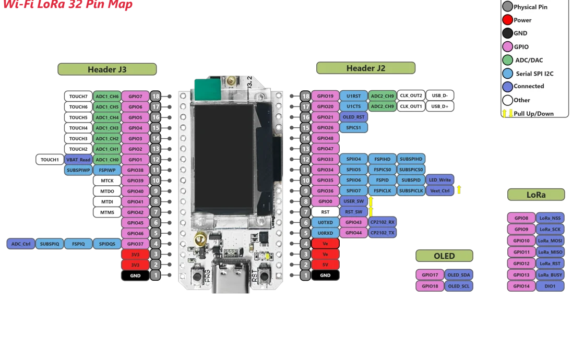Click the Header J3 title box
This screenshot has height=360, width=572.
click(107, 69)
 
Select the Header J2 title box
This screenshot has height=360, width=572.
click(366, 68)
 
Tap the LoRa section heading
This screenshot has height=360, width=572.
click(536, 195)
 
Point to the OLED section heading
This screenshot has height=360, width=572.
click(444, 256)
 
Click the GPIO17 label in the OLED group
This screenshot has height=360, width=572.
click(430, 274)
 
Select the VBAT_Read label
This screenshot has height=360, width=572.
click(78, 160)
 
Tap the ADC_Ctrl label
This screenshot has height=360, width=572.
click(21, 244)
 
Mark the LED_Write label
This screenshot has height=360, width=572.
click(440, 180)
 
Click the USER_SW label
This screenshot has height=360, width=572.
click(353, 201)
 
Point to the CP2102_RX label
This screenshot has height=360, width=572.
click(383, 222)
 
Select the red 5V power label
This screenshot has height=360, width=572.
click(325, 265)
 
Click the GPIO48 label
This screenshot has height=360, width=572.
click(325, 138)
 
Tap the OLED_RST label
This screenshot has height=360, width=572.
click(353, 117)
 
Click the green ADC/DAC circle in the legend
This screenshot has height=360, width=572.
click(507, 60)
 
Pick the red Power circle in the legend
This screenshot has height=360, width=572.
click(507, 20)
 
